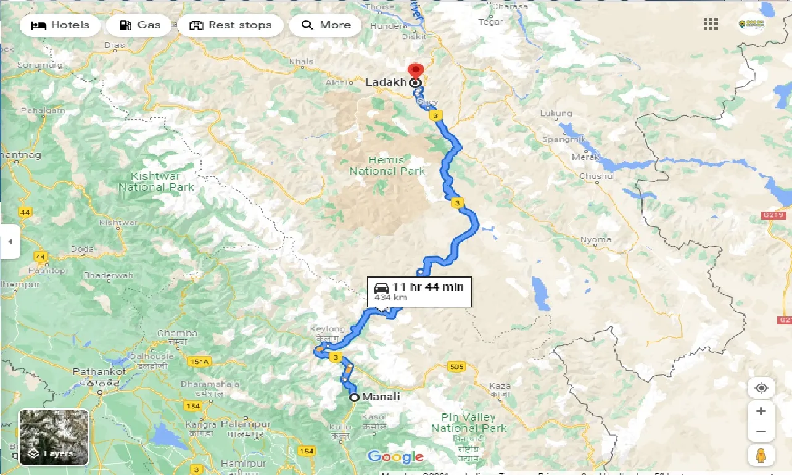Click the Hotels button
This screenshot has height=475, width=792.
pyautogui.click(x=60, y=25)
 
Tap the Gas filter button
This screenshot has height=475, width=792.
pyautogui.click(x=139, y=25)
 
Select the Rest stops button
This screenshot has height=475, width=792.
pyautogui.click(x=230, y=25)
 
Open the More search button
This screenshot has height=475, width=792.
pyautogui.click(x=326, y=25)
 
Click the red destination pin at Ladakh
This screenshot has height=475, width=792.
pyautogui.click(x=416, y=72)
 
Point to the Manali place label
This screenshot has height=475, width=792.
pyautogui.click(x=381, y=397)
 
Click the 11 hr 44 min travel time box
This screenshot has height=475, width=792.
pyautogui.click(x=419, y=291)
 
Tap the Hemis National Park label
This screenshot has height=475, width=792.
pyautogui.click(x=387, y=165)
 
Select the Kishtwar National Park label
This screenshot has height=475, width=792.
pyautogui.click(x=156, y=181)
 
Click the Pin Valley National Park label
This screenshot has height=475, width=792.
pyautogui.click(x=469, y=423)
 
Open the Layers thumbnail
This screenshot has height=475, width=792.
pyautogui.click(x=54, y=437)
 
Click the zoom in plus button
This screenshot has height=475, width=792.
pyautogui.click(x=761, y=411)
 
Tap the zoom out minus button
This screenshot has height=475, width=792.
pyautogui.click(x=761, y=432)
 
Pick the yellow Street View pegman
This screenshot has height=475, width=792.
pyautogui.click(x=761, y=455)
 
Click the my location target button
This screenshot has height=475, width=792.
pyautogui.click(x=761, y=388)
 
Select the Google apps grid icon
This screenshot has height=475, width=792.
pyautogui.click(x=711, y=24)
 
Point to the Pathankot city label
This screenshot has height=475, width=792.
pyautogui.click(x=99, y=372)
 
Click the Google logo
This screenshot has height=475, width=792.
pyautogui.click(x=395, y=457)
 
